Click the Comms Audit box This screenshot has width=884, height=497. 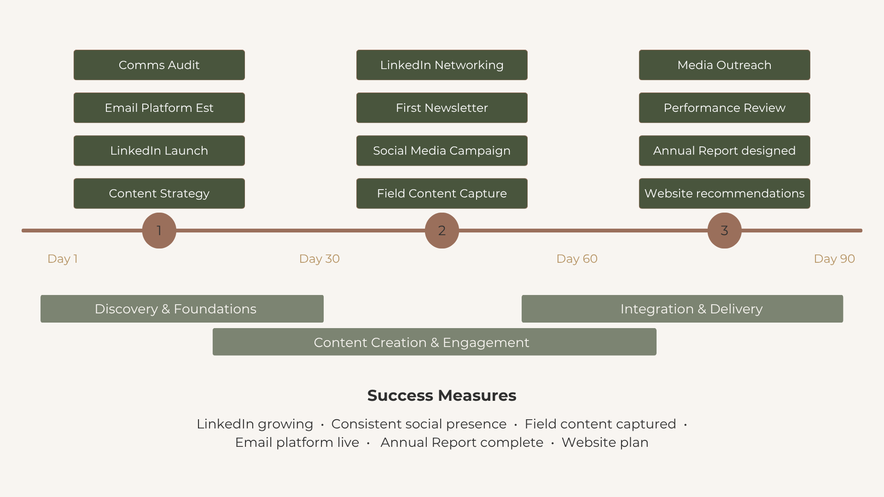point(159,65)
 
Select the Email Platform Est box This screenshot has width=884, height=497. point(159,108)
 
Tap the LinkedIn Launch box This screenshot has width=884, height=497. point(159,150)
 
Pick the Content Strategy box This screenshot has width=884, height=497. point(159,193)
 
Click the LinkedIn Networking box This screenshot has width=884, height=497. point(442,65)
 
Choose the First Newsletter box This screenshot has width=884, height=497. point(442,108)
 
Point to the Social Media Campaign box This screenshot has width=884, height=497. point(442,150)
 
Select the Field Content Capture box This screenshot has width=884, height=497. point(442,193)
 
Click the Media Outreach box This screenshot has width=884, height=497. point(725,65)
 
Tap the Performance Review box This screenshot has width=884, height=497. point(725,108)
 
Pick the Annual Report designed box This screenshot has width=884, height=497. point(725,150)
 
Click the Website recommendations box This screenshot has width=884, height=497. point(725,193)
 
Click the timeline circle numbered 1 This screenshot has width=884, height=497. point(159,231)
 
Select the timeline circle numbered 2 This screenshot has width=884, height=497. point(442,231)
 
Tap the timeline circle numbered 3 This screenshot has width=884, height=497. point(725,231)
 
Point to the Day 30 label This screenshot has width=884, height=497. point(320,259)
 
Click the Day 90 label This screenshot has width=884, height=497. point(834,259)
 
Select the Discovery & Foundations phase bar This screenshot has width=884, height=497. point(182,309)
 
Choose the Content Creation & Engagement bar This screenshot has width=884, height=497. point(435,342)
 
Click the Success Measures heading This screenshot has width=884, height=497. point(442,395)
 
